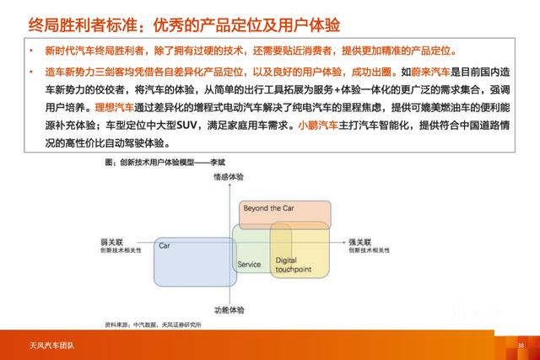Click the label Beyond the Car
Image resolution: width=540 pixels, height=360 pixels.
click(268, 208)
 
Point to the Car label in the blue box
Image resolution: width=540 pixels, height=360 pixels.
click(165, 245)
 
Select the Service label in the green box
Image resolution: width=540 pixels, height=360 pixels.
click(249, 264)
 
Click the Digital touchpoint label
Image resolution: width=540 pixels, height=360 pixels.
click(294, 266)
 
